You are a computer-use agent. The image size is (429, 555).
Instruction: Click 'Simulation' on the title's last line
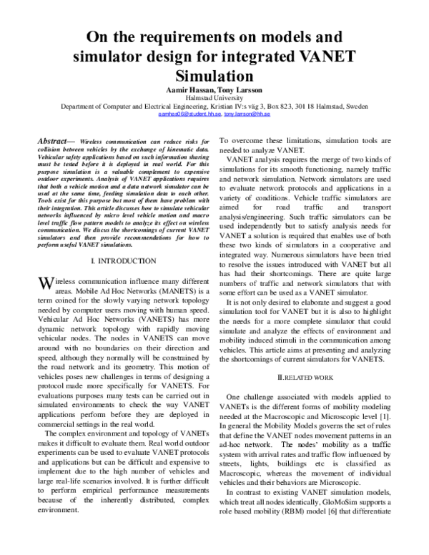point(214,74)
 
